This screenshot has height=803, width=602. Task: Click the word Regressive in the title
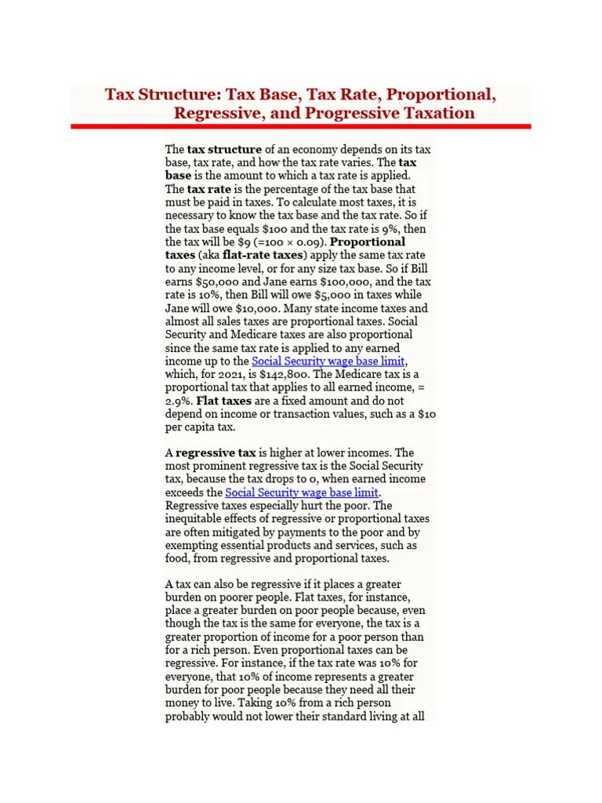215,113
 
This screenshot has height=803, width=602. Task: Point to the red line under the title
301,126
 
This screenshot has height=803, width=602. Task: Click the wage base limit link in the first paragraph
328,362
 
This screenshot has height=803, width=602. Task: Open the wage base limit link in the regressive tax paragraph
302,492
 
